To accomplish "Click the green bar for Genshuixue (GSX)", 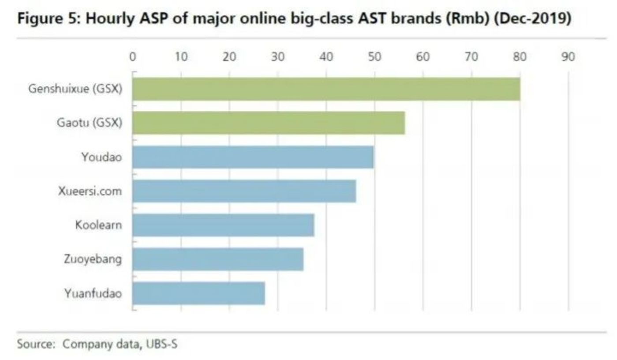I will pos(326,89).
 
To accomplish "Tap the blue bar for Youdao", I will pos(253,157).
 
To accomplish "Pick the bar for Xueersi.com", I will pos(244,191).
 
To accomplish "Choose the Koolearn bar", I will pos(223,225).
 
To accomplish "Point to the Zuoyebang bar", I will pos(218,259).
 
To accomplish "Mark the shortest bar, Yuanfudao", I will pos(198,293).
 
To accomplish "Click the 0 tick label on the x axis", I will pos(132,57).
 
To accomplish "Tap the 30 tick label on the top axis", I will pos(278,57).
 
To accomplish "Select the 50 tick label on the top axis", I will pos(374,57).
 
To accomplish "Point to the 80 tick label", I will pos(520,57).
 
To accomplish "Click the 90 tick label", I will pos(568,57).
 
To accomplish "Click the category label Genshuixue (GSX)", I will pos(75,89).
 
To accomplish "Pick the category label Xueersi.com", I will pos(90,191).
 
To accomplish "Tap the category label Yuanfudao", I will pos(93,293).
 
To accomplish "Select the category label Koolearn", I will pos(98,225).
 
